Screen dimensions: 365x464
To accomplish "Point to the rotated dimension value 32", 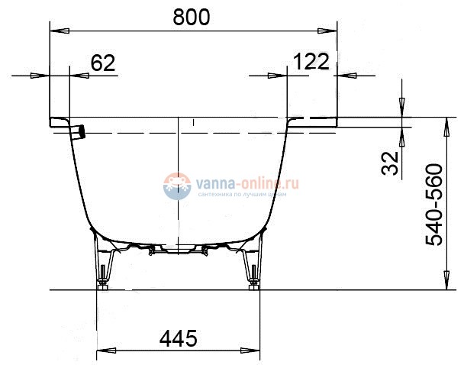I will coord(391,163).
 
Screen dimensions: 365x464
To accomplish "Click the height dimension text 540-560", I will coord(434,204).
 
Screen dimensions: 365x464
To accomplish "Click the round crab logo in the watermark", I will coord(177,186).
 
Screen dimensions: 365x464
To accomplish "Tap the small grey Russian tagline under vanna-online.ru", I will coord(242,195).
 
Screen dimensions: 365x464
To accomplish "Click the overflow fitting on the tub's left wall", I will coord(80,131).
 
